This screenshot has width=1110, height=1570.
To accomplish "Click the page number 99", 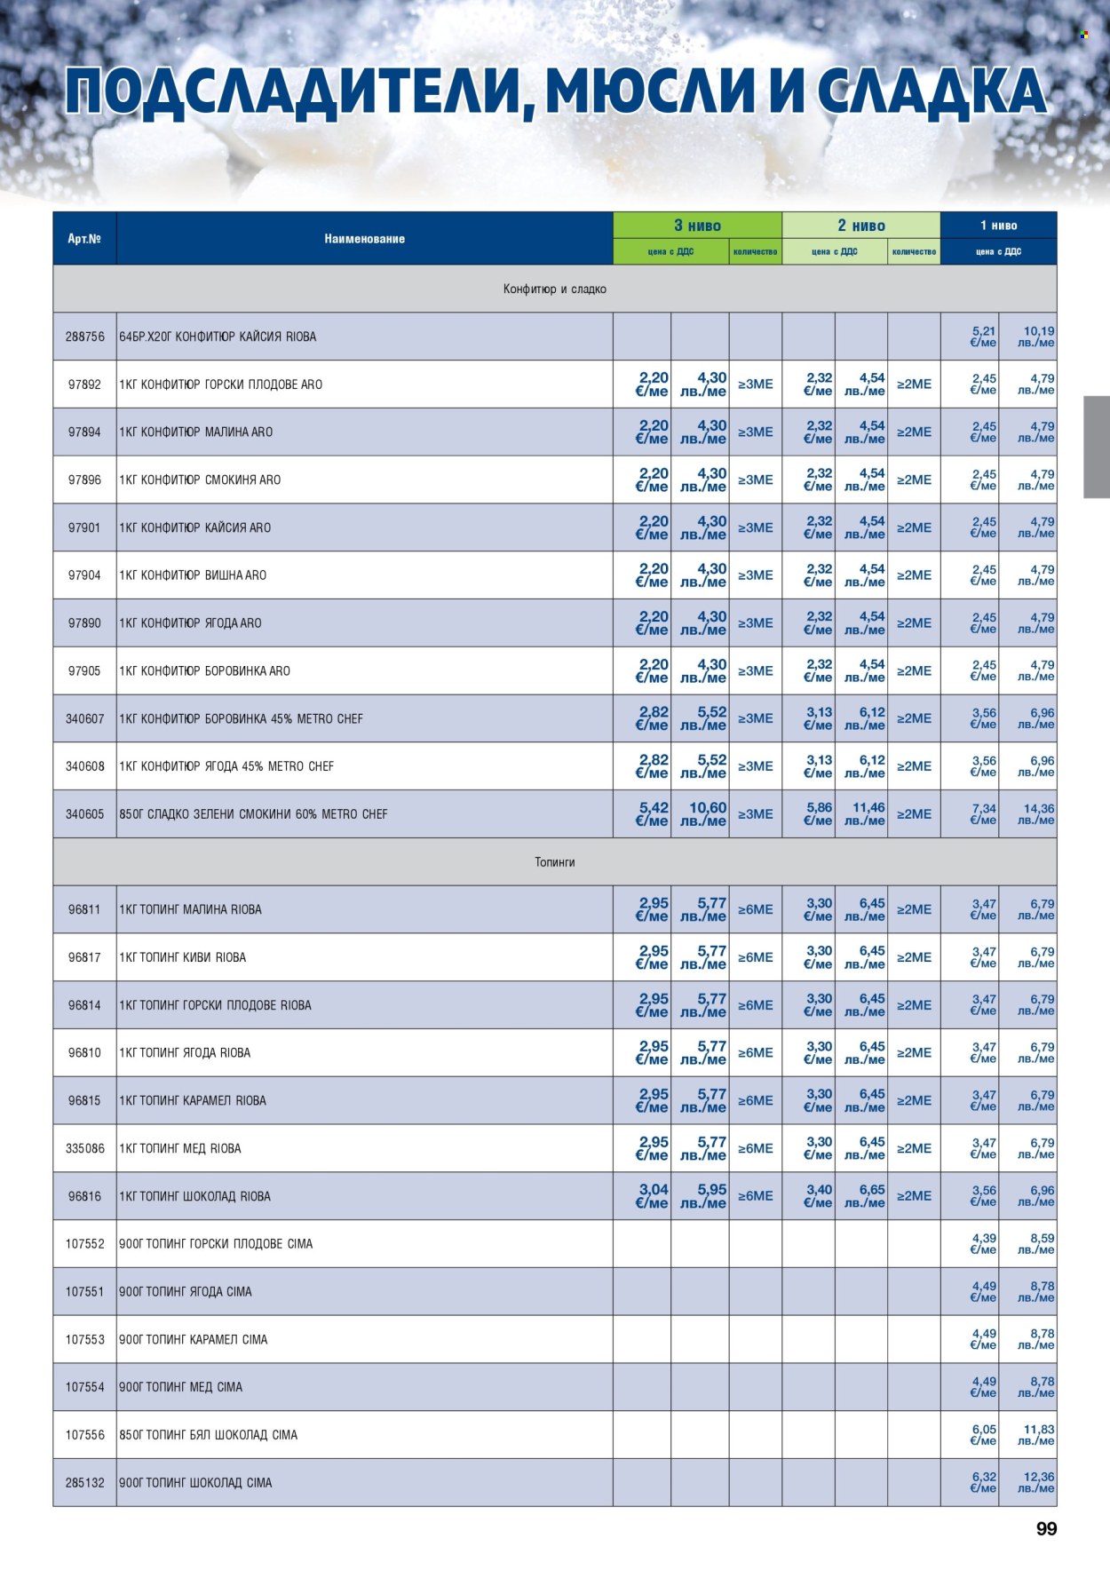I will pos(1046,1528).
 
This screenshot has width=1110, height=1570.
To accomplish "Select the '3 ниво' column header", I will pos(697,226).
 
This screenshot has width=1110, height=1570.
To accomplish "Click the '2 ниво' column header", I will pos(860,226).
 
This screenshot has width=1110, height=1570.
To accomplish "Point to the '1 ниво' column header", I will pos(998,226).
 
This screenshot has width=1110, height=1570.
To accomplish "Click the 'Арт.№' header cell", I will pos(84,239).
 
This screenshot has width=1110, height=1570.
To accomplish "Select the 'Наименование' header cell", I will pos(364,239).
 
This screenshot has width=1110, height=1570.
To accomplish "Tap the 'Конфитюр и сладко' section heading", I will pos(554,289).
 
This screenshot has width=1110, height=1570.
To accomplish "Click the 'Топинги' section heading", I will pos(554,862).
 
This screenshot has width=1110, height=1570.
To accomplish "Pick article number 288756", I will pos(84,337).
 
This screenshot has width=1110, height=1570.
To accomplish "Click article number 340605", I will pos(84,814).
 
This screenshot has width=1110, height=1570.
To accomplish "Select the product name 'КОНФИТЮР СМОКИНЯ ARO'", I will pos(210,480).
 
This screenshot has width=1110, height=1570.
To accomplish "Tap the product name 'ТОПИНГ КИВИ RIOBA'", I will pos(193,957).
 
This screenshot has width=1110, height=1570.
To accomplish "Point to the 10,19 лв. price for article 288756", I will pos(1037,337).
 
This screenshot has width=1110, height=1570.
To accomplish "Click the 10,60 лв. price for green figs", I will pos(706,813).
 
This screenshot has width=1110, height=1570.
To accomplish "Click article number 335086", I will pos(84,1148).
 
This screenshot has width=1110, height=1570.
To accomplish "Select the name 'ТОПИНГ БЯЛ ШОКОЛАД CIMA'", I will pos(220,1435).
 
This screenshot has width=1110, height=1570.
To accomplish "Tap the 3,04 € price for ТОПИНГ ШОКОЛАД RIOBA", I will pos(653,1195).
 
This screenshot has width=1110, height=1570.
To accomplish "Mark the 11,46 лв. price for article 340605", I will pos(866,813).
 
